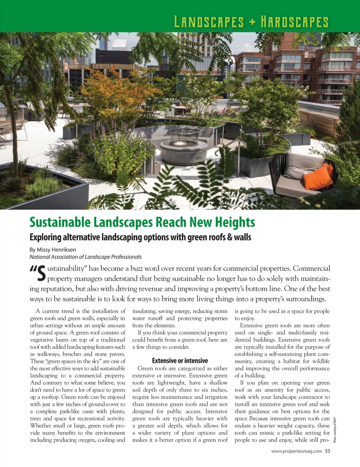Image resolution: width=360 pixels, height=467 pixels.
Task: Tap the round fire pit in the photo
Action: (183, 150)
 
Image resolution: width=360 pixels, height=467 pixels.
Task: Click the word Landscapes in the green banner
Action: (209, 22)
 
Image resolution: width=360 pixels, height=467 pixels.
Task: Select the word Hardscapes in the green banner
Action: (294, 22)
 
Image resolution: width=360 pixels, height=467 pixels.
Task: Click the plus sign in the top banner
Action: (252, 22)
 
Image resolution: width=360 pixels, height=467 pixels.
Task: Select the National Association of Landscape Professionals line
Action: (85, 257)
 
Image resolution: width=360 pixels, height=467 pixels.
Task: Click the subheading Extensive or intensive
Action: (180, 361)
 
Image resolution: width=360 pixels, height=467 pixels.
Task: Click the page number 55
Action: (327, 451)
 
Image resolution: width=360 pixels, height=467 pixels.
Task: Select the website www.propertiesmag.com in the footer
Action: (296, 451)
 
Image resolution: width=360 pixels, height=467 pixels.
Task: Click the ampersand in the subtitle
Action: (230, 237)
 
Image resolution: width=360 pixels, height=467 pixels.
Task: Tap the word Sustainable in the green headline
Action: (60, 222)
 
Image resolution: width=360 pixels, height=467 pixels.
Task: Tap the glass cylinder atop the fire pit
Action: (183, 136)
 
